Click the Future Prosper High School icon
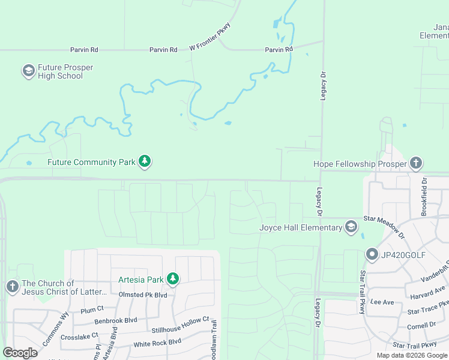click(x=28, y=71)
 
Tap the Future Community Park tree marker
click(x=144, y=161)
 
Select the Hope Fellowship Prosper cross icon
click(x=417, y=163)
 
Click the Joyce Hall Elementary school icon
click(x=351, y=227)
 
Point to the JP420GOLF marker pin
click(x=372, y=255)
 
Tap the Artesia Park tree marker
click(x=173, y=279)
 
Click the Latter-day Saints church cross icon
click(x=12, y=287)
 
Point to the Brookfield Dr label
click(x=424, y=196)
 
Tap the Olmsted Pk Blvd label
click(x=143, y=295)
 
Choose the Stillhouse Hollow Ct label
click(x=180, y=328)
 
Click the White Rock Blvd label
click(x=157, y=342)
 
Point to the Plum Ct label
click(x=92, y=309)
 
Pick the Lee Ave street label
click(x=382, y=302)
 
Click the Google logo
click(x=20, y=353)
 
